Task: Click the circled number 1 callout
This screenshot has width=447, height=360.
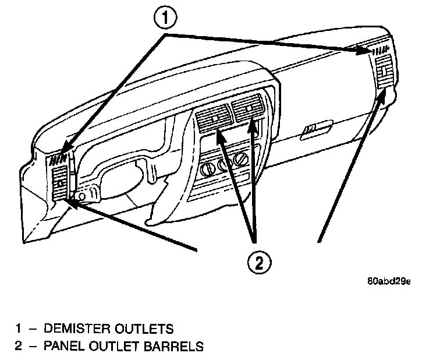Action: [165, 20]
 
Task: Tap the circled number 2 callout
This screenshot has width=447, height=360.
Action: [259, 262]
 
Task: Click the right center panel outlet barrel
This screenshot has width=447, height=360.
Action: [248, 108]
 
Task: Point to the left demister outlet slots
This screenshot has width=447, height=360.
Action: [58, 158]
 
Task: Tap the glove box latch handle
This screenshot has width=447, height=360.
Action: [314, 128]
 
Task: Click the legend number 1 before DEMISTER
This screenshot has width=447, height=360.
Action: [18, 329]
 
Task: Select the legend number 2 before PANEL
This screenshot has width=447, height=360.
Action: [18, 347]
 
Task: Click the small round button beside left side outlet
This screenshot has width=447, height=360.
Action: [82, 196]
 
